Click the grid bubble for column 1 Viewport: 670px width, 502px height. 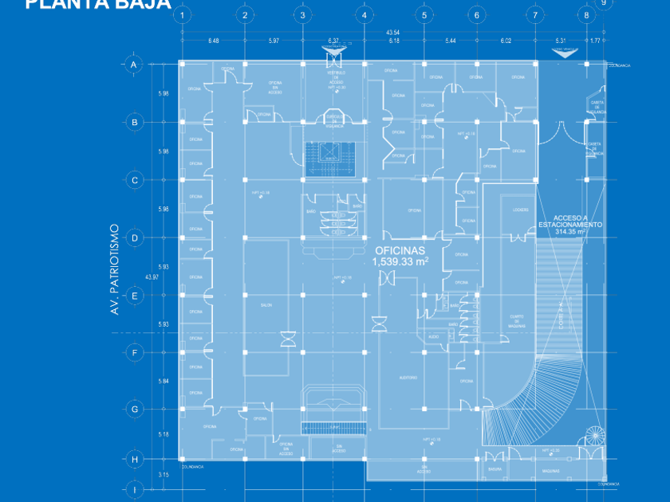pos(183,15)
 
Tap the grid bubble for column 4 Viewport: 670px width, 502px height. pos(364,15)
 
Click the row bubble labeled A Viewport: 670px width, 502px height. pos(134,65)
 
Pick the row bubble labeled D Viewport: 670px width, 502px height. pos(134,237)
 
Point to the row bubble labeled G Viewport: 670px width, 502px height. pos(134,410)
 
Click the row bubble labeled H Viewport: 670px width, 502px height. pos(134,460)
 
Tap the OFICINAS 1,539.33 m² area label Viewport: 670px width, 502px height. pos(400,255)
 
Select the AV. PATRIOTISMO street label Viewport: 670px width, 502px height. pos(115,269)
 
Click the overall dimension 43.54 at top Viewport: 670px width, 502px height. pos(392,32)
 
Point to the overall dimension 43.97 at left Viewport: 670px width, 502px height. pos(152,277)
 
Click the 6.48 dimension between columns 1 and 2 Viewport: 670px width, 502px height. pos(214,41)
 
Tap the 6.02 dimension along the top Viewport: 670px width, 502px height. pos(506,41)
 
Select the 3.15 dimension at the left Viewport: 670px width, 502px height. pos(164,475)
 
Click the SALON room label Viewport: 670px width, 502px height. pos(266,305)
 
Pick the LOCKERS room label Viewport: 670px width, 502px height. pos(521,210)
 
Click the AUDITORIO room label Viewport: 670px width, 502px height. pos(408,378)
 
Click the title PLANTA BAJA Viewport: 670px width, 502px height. pos(97,4)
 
